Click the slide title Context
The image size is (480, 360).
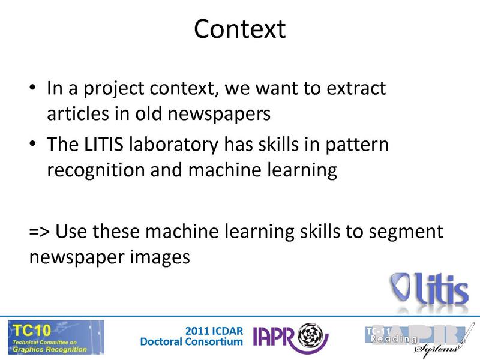point(239,28)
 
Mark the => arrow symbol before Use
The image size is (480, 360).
point(38,232)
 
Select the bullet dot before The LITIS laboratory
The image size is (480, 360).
point(33,146)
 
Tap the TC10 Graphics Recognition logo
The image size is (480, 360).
point(55,337)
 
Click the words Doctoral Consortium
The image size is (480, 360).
point(191,342)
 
